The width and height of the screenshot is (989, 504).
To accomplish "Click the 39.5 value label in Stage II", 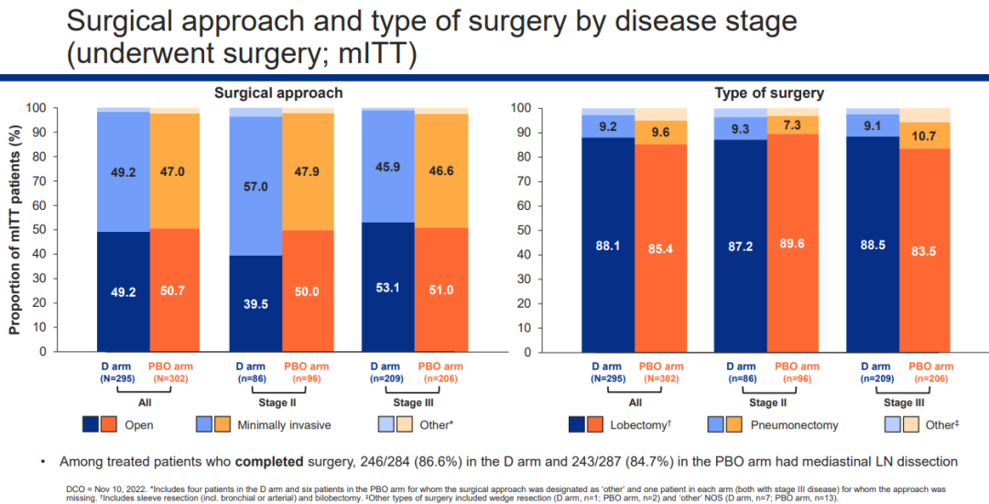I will tap(255, 303).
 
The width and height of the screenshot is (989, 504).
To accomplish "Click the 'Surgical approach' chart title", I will tap(278, 93).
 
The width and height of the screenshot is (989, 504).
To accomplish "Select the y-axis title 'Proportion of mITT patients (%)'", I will tap(16, 229).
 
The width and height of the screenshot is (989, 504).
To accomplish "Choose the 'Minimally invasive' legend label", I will tap(286, 424).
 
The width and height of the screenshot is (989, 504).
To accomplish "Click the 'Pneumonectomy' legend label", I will tap(795, 424).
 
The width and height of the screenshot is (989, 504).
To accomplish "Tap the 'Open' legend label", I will tap(139, 424).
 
